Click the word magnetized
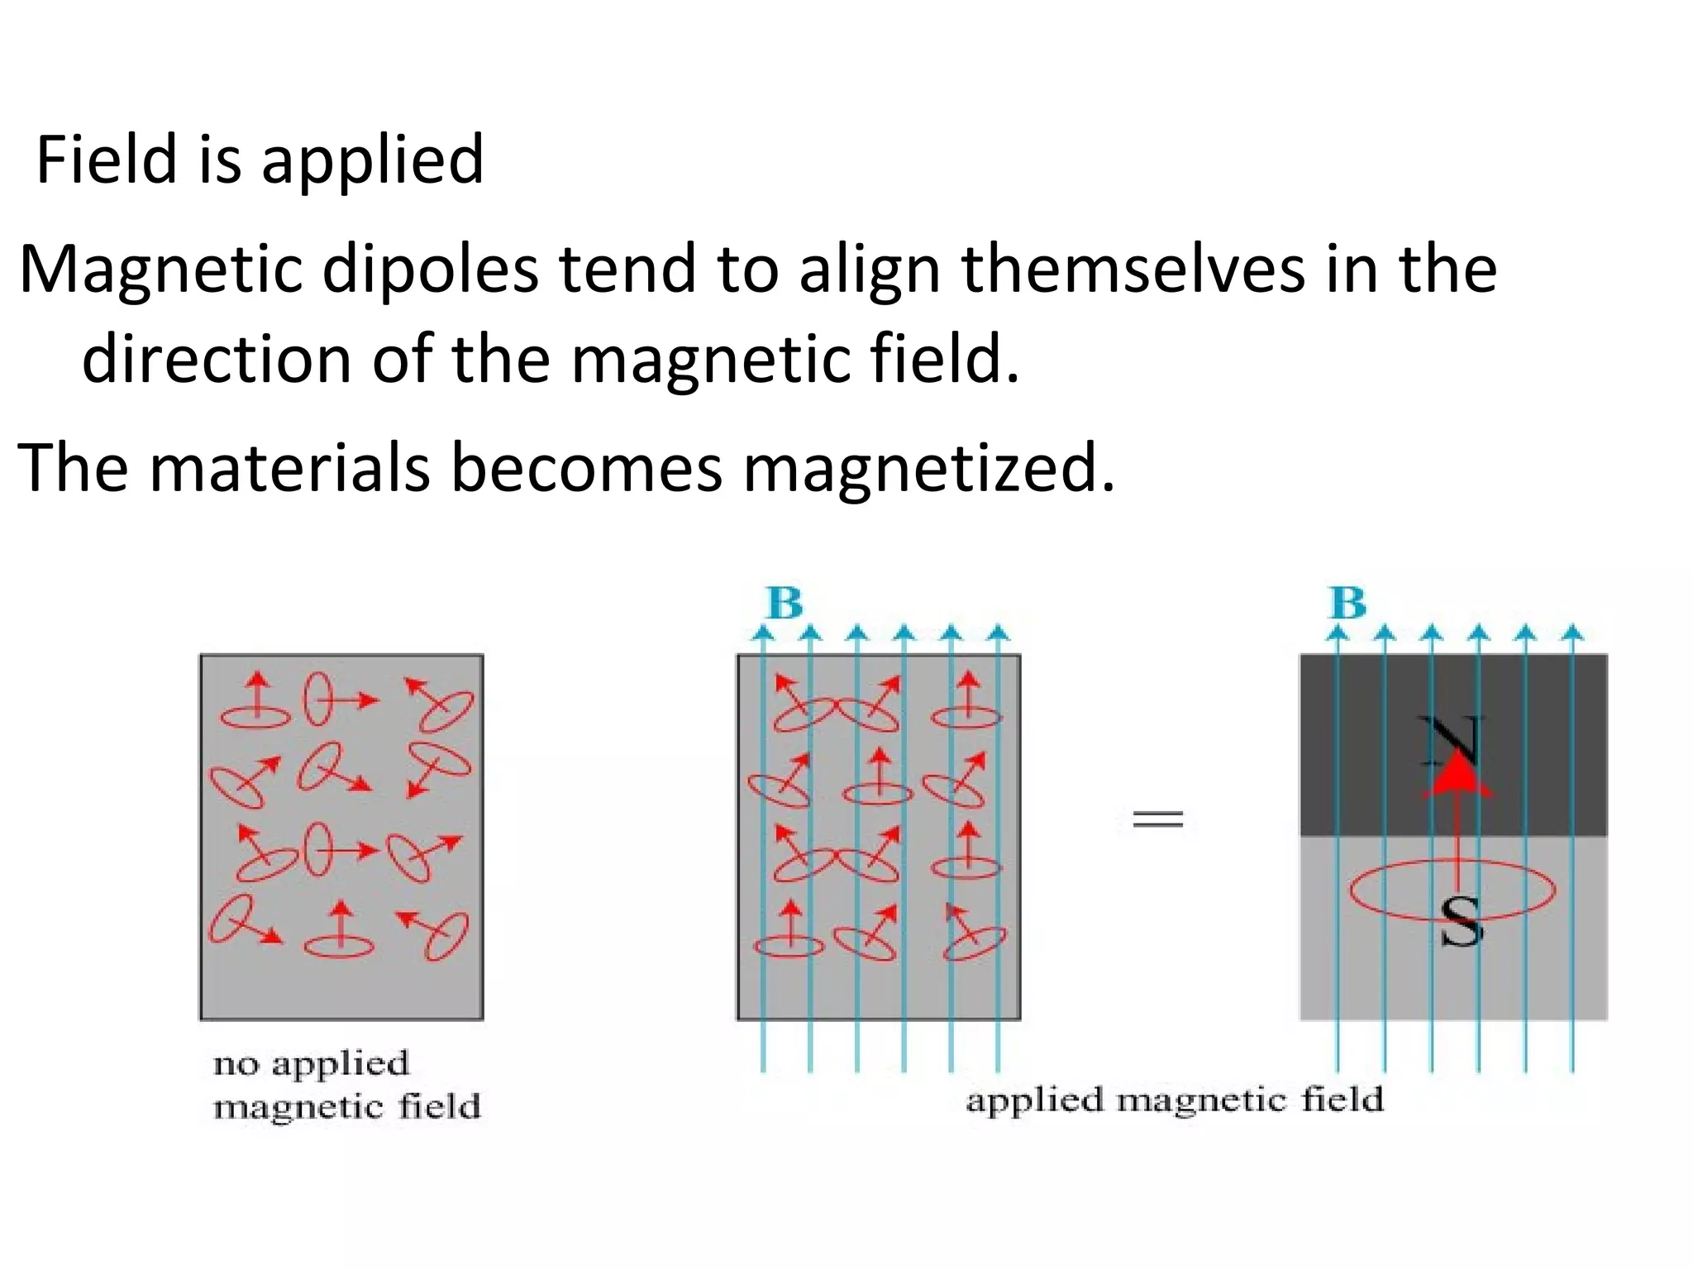point(928,467)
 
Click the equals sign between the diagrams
point(1157,819)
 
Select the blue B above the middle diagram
point(785,603)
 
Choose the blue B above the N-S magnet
point(1347,603)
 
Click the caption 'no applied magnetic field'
point(346,1084)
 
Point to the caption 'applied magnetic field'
point(1174,1100)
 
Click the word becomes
point(586,467)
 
